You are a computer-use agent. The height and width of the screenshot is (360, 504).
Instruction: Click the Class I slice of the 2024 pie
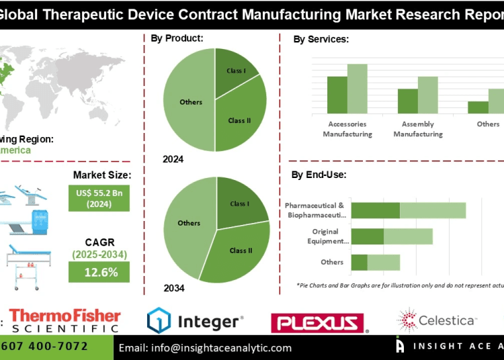pyautogui.click(x=235, y=71)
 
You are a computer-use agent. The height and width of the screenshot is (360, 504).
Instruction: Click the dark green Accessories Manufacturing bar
pyautogui.click(x=337, y=95)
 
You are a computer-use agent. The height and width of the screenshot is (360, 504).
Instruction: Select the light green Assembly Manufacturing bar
pyautogui.click(x=427, y=95)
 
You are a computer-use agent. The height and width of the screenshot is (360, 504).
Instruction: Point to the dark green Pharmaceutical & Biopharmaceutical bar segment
pyautogui.click(x=376, y=210)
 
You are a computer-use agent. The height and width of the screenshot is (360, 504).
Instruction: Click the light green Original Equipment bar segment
pyautogui.click(x=408, y=236)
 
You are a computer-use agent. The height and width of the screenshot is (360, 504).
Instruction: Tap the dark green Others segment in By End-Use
pyautogui.click(x=360, y=262)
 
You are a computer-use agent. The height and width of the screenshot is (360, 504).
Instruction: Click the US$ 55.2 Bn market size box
pyautogui.click(x=99, y=197)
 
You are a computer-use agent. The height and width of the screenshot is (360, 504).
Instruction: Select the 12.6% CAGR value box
pyautogui.click(x=99, y=271)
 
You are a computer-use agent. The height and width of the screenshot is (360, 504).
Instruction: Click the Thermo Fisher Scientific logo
pyautogui.click(x=65, y=321)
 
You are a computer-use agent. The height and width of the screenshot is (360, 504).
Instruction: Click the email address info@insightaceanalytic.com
pyautogui.click(x=205, y=348)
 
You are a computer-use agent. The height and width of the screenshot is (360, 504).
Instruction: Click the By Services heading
pyautogui.click(x=321, y=40)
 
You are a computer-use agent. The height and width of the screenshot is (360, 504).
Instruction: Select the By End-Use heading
pyautogui.click(x=319, y=175)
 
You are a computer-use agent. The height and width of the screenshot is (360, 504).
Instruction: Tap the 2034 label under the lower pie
pyautogui.click(x=173, y=288)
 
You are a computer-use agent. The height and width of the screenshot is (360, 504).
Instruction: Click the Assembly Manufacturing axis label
pyautogui.click(x=418, y=129)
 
